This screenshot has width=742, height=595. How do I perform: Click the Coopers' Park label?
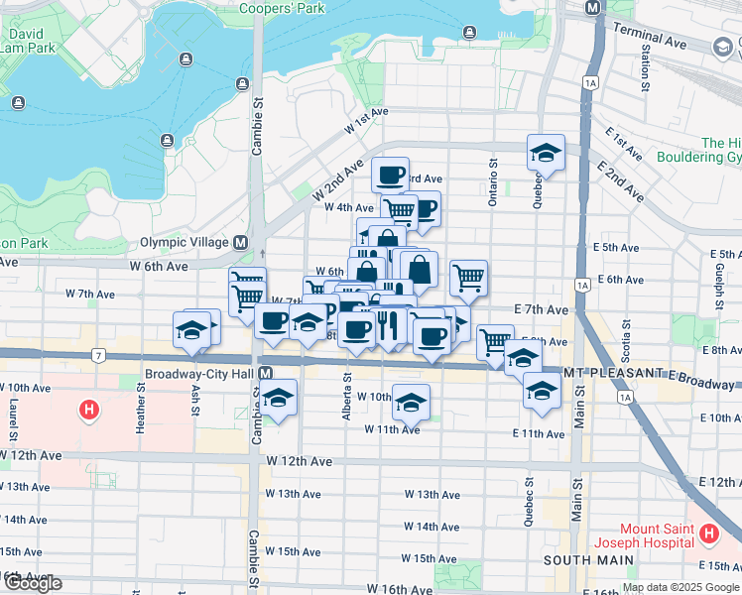(x=282, y=9)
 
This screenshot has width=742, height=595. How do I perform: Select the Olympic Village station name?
(x=185, y=242)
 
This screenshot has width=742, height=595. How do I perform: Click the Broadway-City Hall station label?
(x=201, y=374)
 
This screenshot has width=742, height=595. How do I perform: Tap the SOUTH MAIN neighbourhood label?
(x=586, y=560)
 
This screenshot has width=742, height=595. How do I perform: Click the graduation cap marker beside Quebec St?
(x=546, y=154)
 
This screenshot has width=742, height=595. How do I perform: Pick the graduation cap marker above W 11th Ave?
(x=411, y=402)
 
